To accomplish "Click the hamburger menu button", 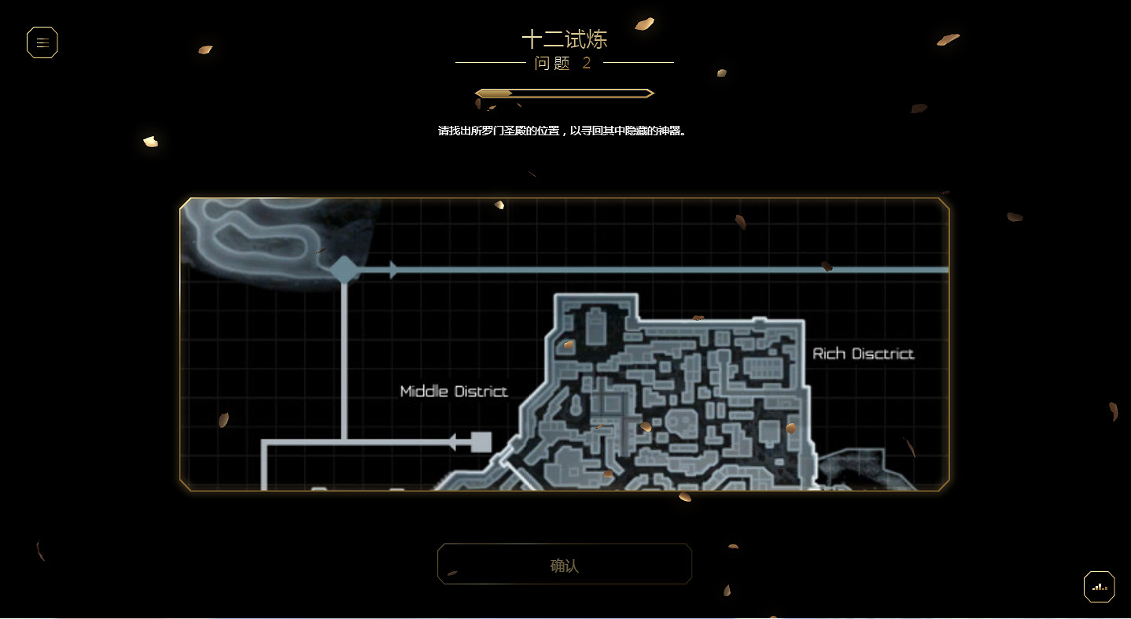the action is (x=42, y=42).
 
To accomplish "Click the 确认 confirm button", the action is (x=565, y=564).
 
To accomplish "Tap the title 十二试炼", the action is (x=565, y=39).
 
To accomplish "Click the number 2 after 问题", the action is (x=587, y=63).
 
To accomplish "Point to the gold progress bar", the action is (x=565, y=94).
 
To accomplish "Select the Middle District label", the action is (x=454, y=391).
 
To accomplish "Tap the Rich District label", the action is (x=864, y=354).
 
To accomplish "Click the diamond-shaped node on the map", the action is (x=344, y=270).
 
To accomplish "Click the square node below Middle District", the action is (x=481, y=442).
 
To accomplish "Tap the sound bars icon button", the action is (x=1099, y=587).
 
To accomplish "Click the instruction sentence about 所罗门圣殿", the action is (x=562, y=131).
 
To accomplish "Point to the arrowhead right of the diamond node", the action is (x=394, y=270).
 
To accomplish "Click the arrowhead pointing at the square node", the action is (x=453, y=442).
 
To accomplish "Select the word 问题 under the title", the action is (x=552, y=63).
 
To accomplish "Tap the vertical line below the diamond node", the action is (x=344, y=354).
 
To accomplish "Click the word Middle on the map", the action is (x=424, y=391).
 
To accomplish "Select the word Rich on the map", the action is (x=829, y=354).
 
